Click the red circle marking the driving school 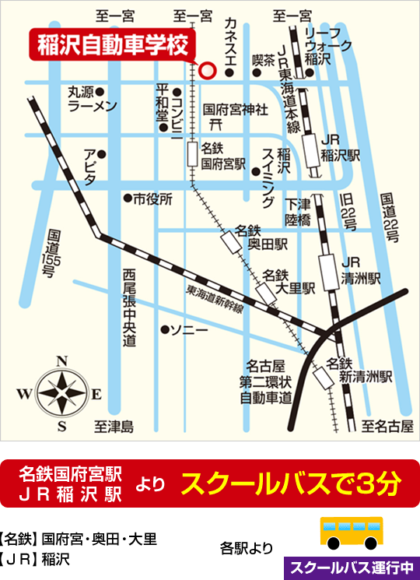point(206,70)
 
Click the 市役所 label point(152,199)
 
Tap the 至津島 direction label point(114,427)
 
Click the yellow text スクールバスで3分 point(290,484)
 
